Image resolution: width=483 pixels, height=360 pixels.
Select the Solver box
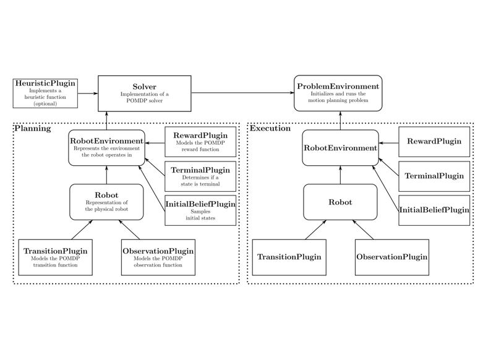coord(144,93)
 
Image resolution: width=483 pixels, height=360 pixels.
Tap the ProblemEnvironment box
coord(337,93)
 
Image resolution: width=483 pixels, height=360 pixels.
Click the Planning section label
coord(33,129)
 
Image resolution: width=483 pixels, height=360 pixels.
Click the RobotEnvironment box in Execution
coord(340,148)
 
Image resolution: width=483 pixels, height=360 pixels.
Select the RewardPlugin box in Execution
coord(434,142)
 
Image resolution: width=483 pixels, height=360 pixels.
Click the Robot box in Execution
coord(340,202)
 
